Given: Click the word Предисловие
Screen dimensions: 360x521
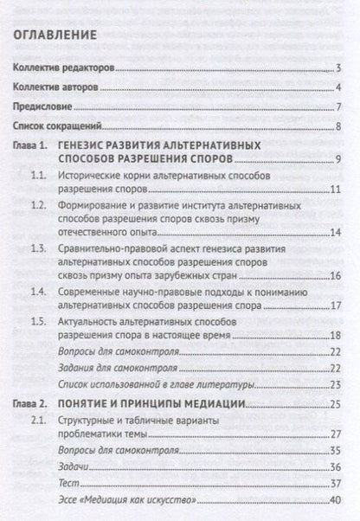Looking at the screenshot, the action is pos(43,109).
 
